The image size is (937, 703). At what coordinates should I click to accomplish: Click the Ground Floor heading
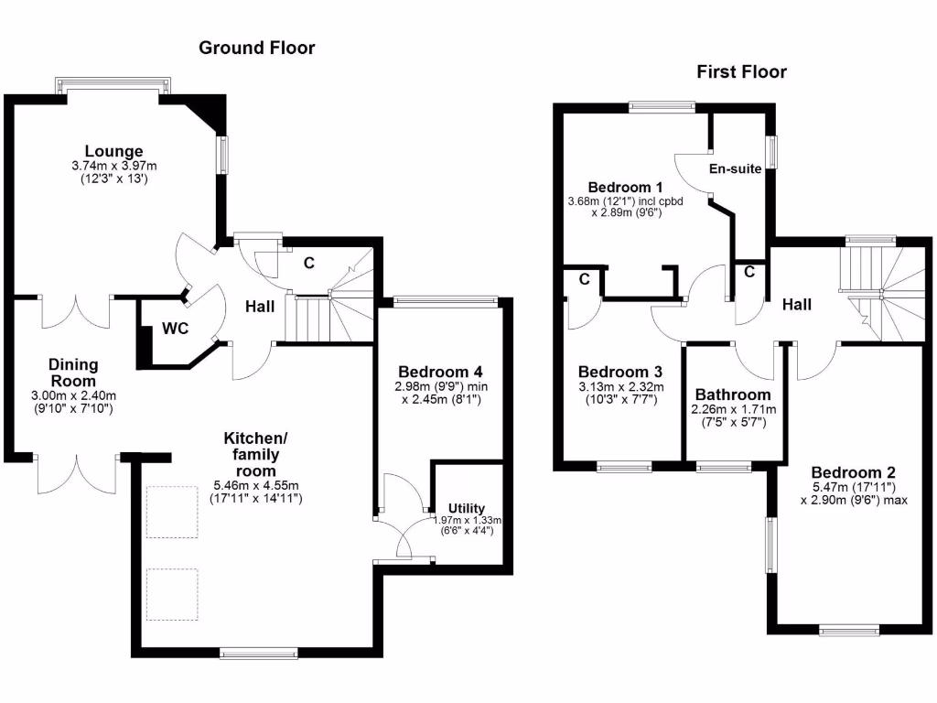(257, 48)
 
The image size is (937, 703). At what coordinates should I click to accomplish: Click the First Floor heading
(741, 71)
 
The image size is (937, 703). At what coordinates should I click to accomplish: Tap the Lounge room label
(114, 151)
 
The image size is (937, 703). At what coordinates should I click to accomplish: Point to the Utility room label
(467, 508)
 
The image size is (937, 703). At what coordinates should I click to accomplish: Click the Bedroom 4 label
(440, 372)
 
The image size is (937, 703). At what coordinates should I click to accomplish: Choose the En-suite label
(736, 168)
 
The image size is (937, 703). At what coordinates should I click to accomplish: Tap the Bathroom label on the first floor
(733, 395)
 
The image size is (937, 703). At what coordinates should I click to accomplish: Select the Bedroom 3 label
(620, 372)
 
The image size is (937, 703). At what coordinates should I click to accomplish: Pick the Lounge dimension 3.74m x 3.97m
(114, 166)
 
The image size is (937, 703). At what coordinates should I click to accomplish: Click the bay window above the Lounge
(113, 85)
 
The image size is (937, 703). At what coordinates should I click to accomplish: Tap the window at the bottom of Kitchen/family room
(259, 653)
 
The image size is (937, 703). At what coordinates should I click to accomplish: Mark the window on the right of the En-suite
(772, 152)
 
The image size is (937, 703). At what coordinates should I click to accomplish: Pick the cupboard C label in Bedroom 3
(583, 277)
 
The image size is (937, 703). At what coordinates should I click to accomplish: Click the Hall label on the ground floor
(260, 308)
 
